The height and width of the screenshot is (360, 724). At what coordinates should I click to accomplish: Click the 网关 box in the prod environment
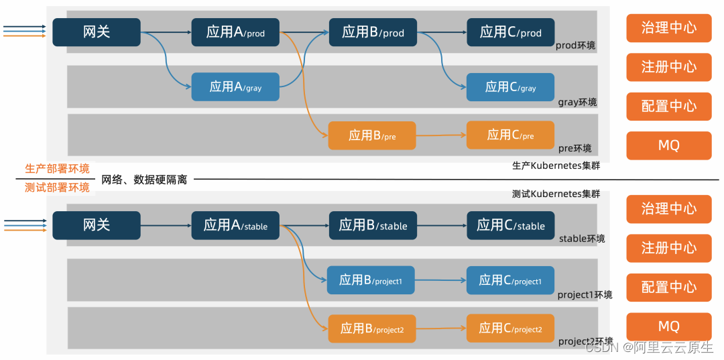(x=97, y=32)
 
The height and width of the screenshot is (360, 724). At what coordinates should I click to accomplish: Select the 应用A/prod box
(x=235, y=32)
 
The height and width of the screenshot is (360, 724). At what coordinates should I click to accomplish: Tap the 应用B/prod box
(x=373, y=32)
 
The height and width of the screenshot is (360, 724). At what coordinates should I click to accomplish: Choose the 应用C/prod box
(x=511, y=32)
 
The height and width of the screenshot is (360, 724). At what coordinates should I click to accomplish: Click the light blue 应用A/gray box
(x=235, y=86)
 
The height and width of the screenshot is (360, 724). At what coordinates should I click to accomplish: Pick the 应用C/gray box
(x=511, y=87)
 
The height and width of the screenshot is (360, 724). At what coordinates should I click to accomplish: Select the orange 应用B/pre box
(x=372, y=135)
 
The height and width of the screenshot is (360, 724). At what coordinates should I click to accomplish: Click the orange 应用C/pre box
(x=511, y=135)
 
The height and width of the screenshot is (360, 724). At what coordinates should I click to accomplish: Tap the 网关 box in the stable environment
(x=97, y=225)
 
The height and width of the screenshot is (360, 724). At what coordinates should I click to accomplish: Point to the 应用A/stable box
(x=235, y=226)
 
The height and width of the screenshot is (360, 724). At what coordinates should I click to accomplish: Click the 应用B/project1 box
(x=371, y=280)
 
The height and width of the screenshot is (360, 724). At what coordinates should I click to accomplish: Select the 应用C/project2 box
(x=511, y=328)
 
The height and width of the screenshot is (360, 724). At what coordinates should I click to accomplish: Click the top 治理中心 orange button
(x=668, y=28)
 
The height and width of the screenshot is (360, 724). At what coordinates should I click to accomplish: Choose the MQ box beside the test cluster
(x=668, y=326)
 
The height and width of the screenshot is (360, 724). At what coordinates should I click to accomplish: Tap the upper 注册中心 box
(x=668, y=67)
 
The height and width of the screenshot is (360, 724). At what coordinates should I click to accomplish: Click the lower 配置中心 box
(x=668, y=287)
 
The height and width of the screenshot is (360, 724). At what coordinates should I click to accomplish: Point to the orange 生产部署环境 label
(x=57, y=169)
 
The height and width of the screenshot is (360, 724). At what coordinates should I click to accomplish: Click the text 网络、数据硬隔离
(x=144, y=180)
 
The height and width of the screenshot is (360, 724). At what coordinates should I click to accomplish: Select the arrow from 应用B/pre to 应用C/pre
(x=441, y=135)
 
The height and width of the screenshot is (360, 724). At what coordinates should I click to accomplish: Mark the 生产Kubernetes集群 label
(x=556, y=166)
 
